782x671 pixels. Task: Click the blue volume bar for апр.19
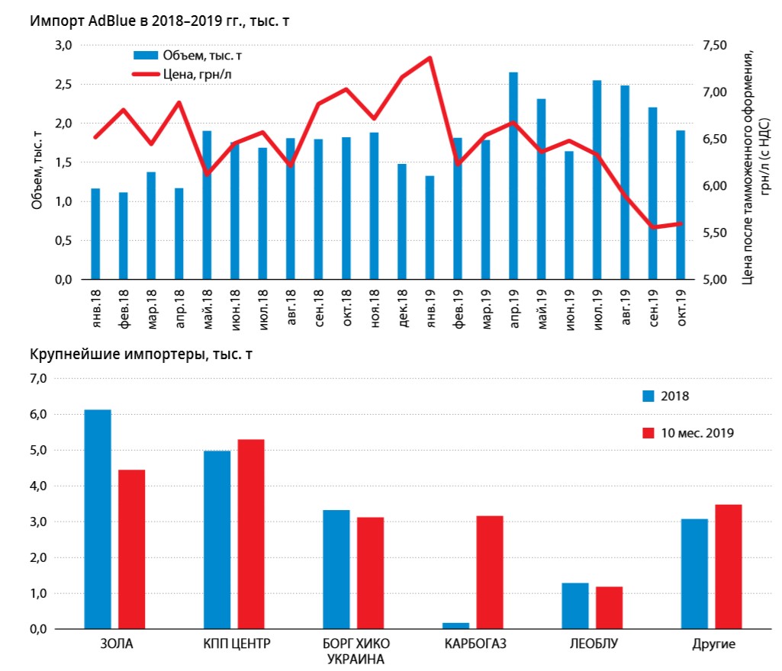click(x=513, y=175)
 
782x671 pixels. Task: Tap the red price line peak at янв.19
click(x=430, y=58)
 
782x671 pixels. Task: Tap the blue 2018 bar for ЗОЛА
click(x=98, y=519)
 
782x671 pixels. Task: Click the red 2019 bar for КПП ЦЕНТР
click(x=250, y=534)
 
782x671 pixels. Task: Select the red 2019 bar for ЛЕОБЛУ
click(x=609, y=608)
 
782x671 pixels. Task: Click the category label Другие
click(x=713, y=644)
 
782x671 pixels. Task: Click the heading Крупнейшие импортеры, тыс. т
click(x=142, y=355)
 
